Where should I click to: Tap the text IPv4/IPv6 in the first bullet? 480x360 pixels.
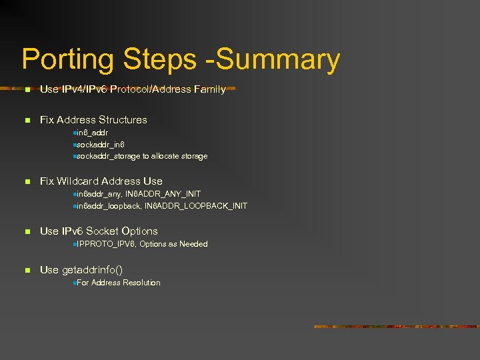(85, 89)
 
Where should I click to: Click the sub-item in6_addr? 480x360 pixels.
(93, 133)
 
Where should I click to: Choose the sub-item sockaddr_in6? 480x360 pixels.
(101, 144)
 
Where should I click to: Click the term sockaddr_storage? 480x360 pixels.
(108, 156)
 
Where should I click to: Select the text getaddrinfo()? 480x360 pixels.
(92, 270)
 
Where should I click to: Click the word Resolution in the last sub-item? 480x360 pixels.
(141, 283)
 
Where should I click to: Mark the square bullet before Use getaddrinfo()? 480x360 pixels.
(27, 270)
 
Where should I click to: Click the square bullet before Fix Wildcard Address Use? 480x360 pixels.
(27, 181)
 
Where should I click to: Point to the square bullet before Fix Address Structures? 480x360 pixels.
(27, 120)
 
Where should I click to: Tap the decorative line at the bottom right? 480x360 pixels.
(393, 327)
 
